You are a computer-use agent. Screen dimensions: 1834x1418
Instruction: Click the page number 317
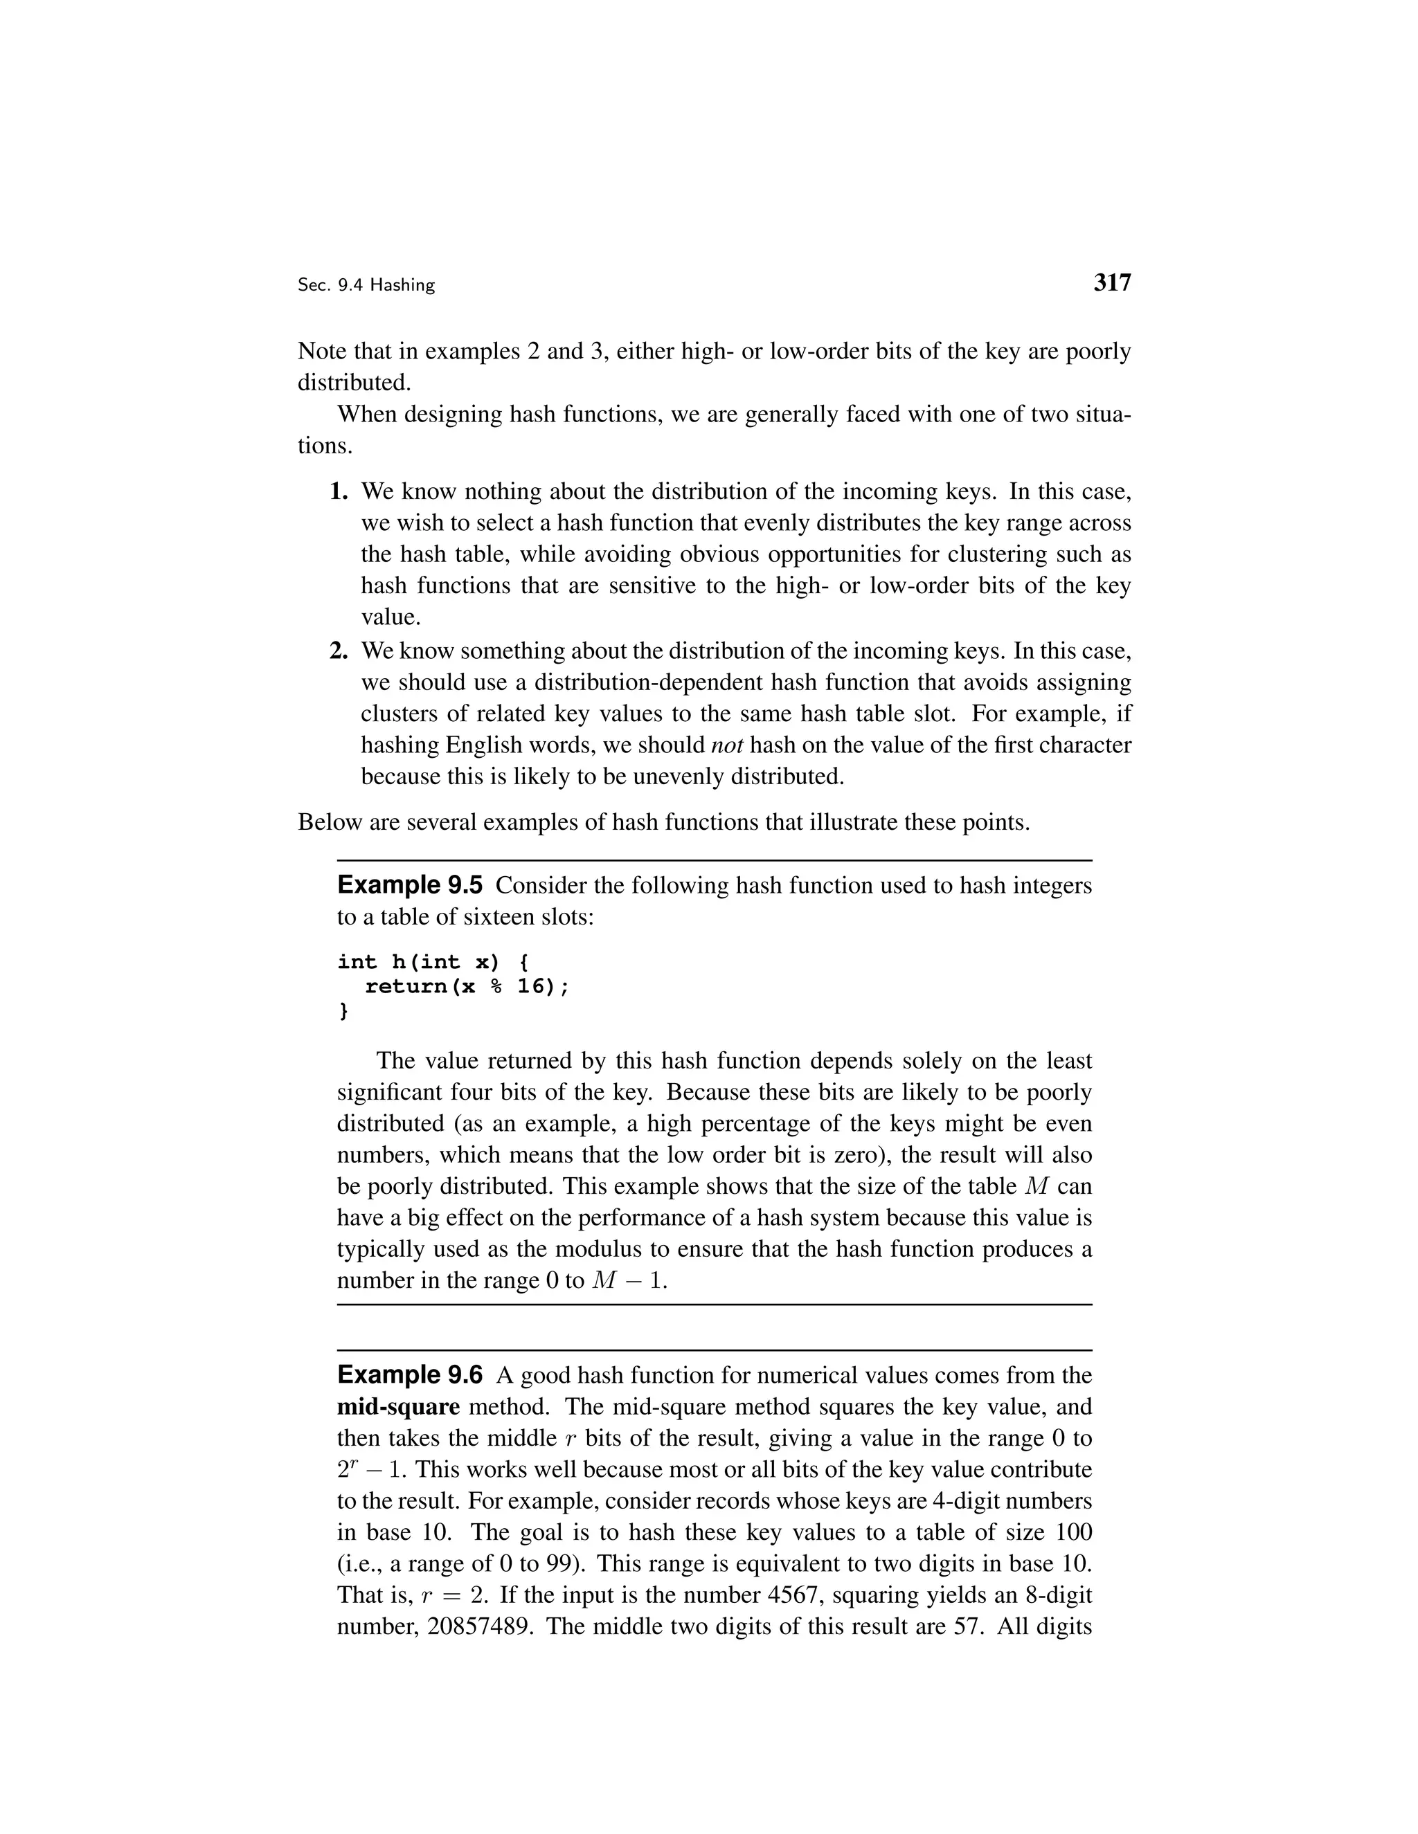(1112, 283)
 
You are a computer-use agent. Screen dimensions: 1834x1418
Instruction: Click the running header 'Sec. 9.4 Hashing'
(366, 286)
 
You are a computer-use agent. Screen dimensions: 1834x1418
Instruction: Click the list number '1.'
(339, 491)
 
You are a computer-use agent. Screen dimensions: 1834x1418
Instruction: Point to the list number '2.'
(339, 651)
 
